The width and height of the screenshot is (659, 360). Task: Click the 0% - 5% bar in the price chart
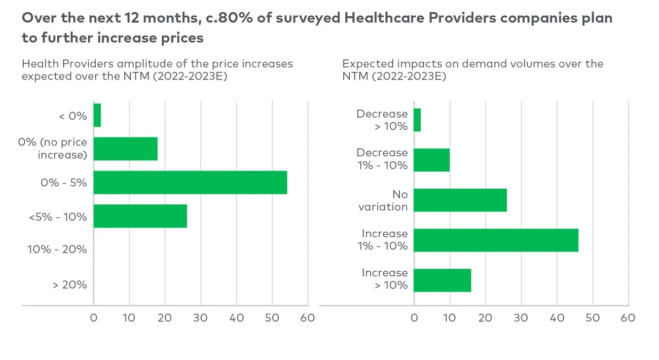pyautogui.click(x=190, y=183)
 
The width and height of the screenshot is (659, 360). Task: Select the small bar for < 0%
pyautogui.click(x=97, y=115)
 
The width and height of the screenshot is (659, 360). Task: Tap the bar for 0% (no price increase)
pyautogui.click(x=126, y=149)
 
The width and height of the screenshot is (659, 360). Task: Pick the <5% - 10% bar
pyautogui.click(x=140, y=216)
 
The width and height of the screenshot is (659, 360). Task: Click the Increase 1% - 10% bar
pyautogui.click(x=496, y=240)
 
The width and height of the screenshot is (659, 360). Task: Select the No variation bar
pyautogui.click(x=460, y=200)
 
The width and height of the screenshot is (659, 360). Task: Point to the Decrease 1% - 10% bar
pyautogui.click(x=432, y=160)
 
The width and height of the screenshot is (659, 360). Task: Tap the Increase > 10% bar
pyautogui.click(x=443, y=280)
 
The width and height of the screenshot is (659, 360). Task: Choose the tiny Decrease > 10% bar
pyautogui.click(x=417, y=120)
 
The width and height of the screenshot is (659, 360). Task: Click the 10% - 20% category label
pyautogui.click(x=57, y=249)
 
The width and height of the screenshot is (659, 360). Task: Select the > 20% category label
pyautogui.click(x=70, y=285)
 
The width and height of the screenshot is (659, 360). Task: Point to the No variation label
pyautogui.click(x=383, y=200)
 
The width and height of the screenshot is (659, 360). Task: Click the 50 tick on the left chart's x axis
pyautogui.click(x=272, y=318)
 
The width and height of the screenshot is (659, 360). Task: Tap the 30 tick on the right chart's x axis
pyautogui.click(x=521, y=318)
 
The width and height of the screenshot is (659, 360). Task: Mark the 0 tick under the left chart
pyautogui.click(x=94, y=318)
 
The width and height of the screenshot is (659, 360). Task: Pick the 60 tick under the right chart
pyautogui.click(x=628, y=318)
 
